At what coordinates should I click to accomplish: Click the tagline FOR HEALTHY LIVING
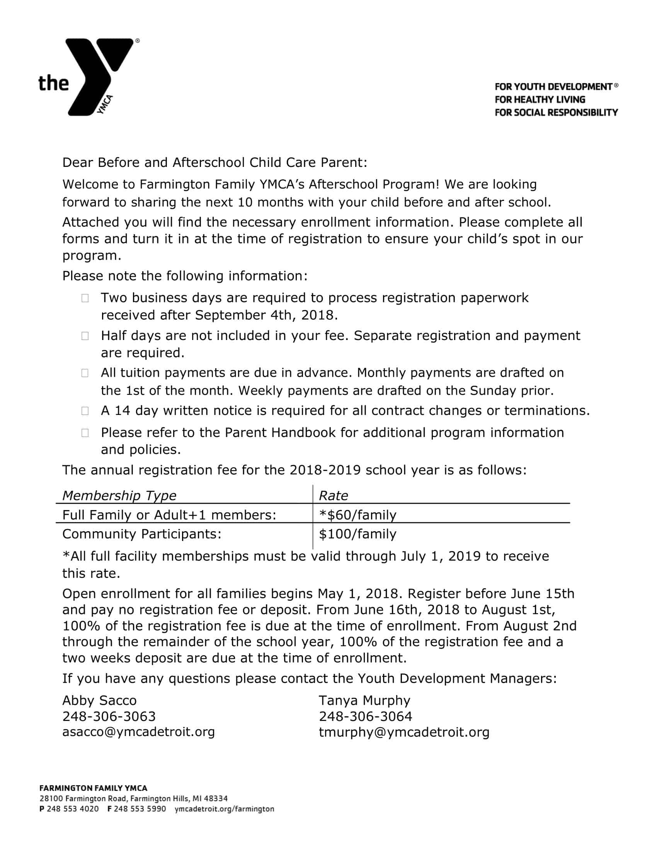pyautogui.click(x=540, y=100)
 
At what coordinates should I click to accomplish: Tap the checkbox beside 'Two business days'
pyautogui.click(x=85, y=298)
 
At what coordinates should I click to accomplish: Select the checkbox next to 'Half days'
pyautogui.click(x=85, y=336)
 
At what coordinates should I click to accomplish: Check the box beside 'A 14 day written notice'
pyautogui.click(x=85, y=411)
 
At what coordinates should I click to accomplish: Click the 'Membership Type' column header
pyautogui.click(x=119, y=495)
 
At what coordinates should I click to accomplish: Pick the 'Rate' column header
pyautogui.click(x=333, y=495)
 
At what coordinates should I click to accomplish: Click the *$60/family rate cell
pyautogui.click(x=357, y=515)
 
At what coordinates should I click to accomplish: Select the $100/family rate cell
pyautogui.click(x=357, y=534)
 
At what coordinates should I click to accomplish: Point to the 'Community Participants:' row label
pyautogui.click(x=142, y=534)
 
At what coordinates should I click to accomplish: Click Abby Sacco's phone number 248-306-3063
pyautogui.click(x=109, y=716)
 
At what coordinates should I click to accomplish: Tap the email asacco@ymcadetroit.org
pyautogui.click(x=139, y=732)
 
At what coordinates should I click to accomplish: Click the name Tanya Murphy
pyautogui.click(x=364, y=700)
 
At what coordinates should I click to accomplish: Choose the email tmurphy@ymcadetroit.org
pyautogui.click(x=404, y=733)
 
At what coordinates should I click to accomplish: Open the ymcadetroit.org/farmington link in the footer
pyautogui.click(x=224, y=809)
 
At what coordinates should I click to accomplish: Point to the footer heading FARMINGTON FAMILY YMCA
pyautogui.click(x=94, y=788)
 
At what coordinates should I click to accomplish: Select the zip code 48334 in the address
pyautogui.click(x=216, y=799)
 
